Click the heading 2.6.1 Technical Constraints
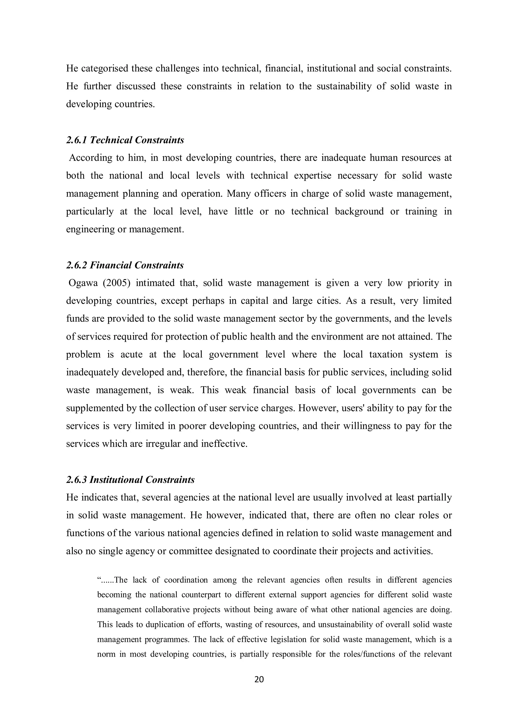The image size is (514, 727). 125,140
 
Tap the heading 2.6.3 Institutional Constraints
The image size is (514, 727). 130,480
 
